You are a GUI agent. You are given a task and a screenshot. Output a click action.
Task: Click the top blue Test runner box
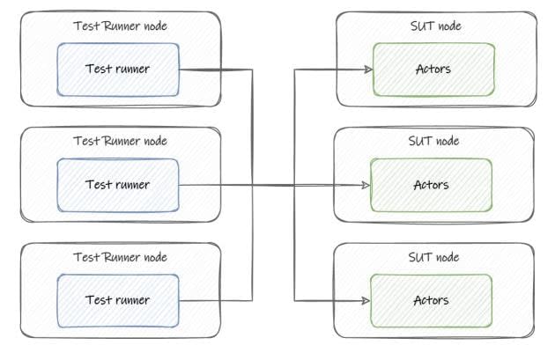[118, 68]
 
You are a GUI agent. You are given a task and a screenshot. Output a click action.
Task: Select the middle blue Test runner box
[118, 185]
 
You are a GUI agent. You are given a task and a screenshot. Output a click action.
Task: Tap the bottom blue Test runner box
[118, 300]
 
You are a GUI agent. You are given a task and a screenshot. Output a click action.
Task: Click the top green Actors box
[433, 68]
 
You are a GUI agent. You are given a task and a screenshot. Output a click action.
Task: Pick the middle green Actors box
[432, 185]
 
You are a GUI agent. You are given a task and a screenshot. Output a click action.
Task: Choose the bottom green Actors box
[432, 300]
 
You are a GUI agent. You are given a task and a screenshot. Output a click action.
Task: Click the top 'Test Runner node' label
[120, 26]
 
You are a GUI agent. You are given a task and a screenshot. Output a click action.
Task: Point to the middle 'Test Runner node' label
[120, 141]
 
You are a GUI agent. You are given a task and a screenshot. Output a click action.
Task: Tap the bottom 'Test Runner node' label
[120, 257]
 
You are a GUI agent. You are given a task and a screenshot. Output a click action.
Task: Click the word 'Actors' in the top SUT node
[433, 68]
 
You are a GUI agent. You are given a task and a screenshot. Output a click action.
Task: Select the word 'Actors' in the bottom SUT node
[432, 300]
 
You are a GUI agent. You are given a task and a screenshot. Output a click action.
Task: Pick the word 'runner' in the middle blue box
[131, 185]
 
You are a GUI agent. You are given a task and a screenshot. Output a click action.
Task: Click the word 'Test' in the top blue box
[97, 68]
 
